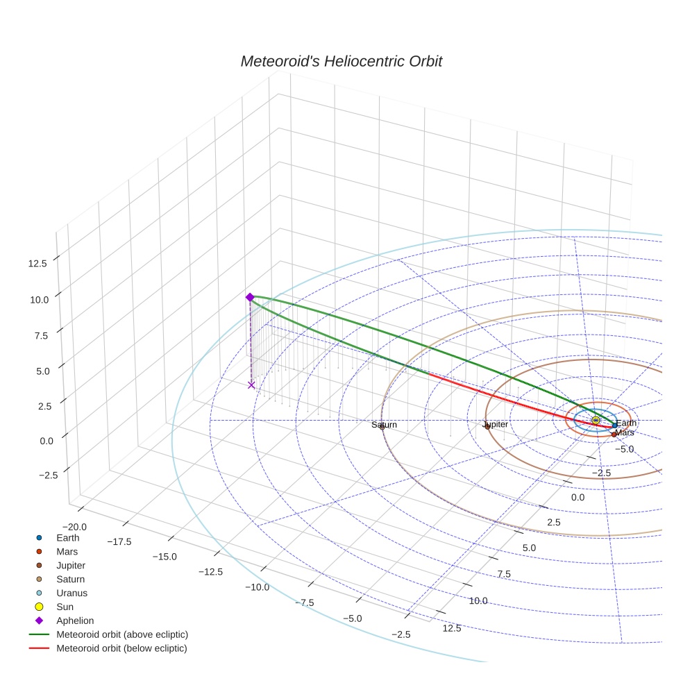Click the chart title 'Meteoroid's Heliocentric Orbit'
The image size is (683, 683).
(x=341, y=61)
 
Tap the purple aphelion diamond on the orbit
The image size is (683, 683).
(x=250, y=297)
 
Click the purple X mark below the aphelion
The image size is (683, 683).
(x=251, y=385)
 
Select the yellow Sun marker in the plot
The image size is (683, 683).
(x=596, y=421)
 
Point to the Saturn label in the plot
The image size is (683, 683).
(x=384, y=425)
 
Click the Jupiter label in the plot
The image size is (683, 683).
(x=495, y=424)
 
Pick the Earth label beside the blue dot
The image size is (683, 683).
(x=626, y=423)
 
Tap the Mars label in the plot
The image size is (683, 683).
(x=625, y=432)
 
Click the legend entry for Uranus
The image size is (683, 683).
(x=71, y=593)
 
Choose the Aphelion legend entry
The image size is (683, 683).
(x=74, y=621)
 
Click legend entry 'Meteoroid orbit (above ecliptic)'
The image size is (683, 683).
(x=122, y=634)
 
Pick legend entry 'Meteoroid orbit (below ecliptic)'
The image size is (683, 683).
(x=121, y=648)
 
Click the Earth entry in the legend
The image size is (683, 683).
(x=67, y=537)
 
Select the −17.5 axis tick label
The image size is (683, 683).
(x=119, y=541)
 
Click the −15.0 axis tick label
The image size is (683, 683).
(x=165, y=557)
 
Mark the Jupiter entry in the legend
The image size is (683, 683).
(x=71, y=565)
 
